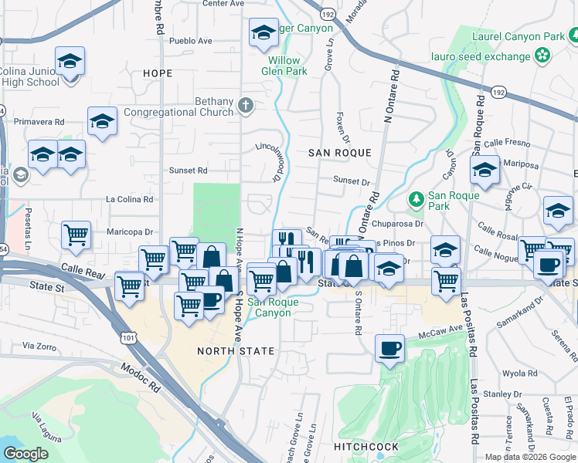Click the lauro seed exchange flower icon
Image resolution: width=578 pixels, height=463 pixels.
(543, 56)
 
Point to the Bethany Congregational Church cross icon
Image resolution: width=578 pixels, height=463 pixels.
(246, 106)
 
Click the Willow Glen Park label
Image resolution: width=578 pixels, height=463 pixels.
(288, 66)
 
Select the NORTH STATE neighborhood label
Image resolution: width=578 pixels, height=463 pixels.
(236, 351)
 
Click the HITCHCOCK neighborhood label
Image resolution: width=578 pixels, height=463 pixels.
(366, 447)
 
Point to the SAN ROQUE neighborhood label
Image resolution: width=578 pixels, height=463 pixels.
(340, 153)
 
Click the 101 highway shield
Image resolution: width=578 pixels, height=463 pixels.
(129, 336)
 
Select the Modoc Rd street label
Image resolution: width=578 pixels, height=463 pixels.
(140, 375)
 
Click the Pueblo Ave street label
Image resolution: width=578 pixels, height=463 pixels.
(190, 40)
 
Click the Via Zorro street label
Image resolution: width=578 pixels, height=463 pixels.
(41, 345)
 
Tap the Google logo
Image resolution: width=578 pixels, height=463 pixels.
(26, 454)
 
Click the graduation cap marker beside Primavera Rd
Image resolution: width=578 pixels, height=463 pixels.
(102, 120)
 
